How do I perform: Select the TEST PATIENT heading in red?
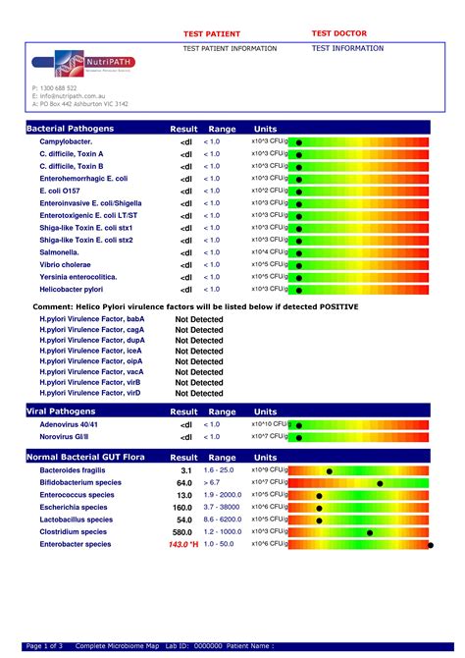(212, 33)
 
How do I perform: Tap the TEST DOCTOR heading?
(338, 33)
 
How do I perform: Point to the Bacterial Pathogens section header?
(70, 129)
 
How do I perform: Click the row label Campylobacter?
(66, 142)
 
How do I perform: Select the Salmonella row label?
(60, 252)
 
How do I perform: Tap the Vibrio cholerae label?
(65, 264)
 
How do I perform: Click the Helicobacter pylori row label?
(75, 289)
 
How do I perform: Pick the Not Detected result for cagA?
(199, 330)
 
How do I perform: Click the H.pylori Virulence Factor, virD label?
(90, 393)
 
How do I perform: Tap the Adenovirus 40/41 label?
(71, 424)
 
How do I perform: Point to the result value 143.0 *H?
(183, 544)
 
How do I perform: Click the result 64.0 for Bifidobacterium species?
(184, 483)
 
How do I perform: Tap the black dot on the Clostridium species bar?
(370, 532)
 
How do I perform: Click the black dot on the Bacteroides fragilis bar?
(330, 471)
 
